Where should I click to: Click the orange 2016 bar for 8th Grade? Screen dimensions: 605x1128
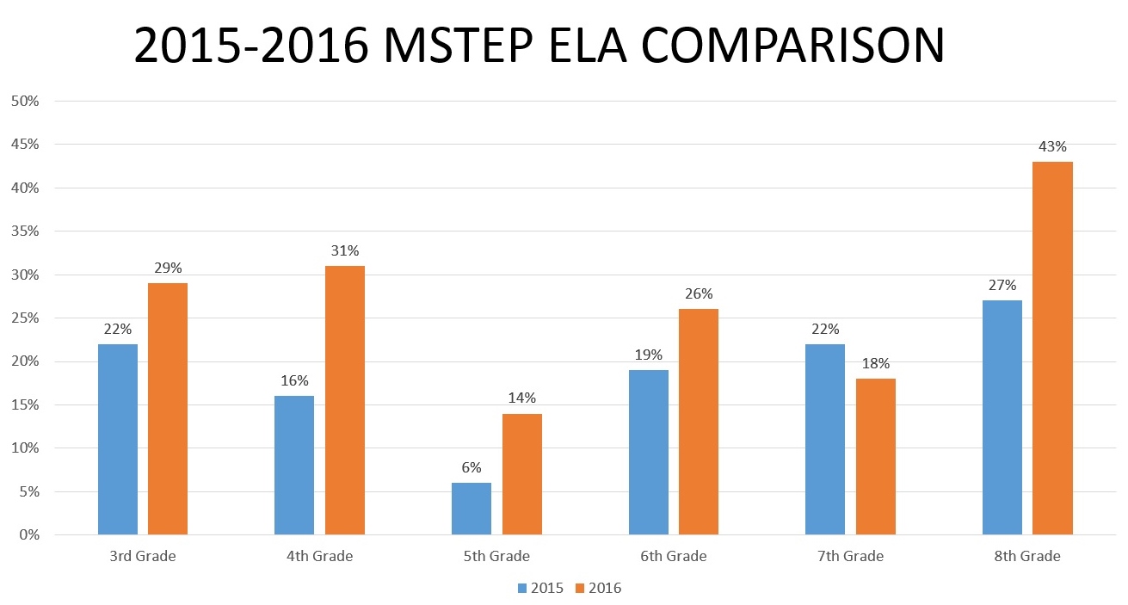1052,349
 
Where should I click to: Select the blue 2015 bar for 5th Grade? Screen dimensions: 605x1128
472,509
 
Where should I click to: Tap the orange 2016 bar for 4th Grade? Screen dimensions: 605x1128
345,400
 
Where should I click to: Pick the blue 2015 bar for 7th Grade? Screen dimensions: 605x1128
825,439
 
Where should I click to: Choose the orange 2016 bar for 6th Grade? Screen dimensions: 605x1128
699,422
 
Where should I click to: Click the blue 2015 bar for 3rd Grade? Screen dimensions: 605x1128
118,439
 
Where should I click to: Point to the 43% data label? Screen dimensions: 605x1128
1052,147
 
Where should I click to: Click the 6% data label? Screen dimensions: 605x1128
472,466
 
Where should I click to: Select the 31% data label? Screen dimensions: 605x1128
345,251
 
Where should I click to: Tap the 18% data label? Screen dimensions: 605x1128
876,364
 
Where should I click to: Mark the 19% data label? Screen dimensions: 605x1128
649,355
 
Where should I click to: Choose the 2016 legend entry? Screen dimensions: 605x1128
598,589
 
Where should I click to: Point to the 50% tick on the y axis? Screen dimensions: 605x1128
25,101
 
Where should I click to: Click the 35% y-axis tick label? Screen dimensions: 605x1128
25,231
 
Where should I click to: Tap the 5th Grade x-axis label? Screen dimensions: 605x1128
496,557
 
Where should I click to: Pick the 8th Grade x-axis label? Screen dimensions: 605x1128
1027,557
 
